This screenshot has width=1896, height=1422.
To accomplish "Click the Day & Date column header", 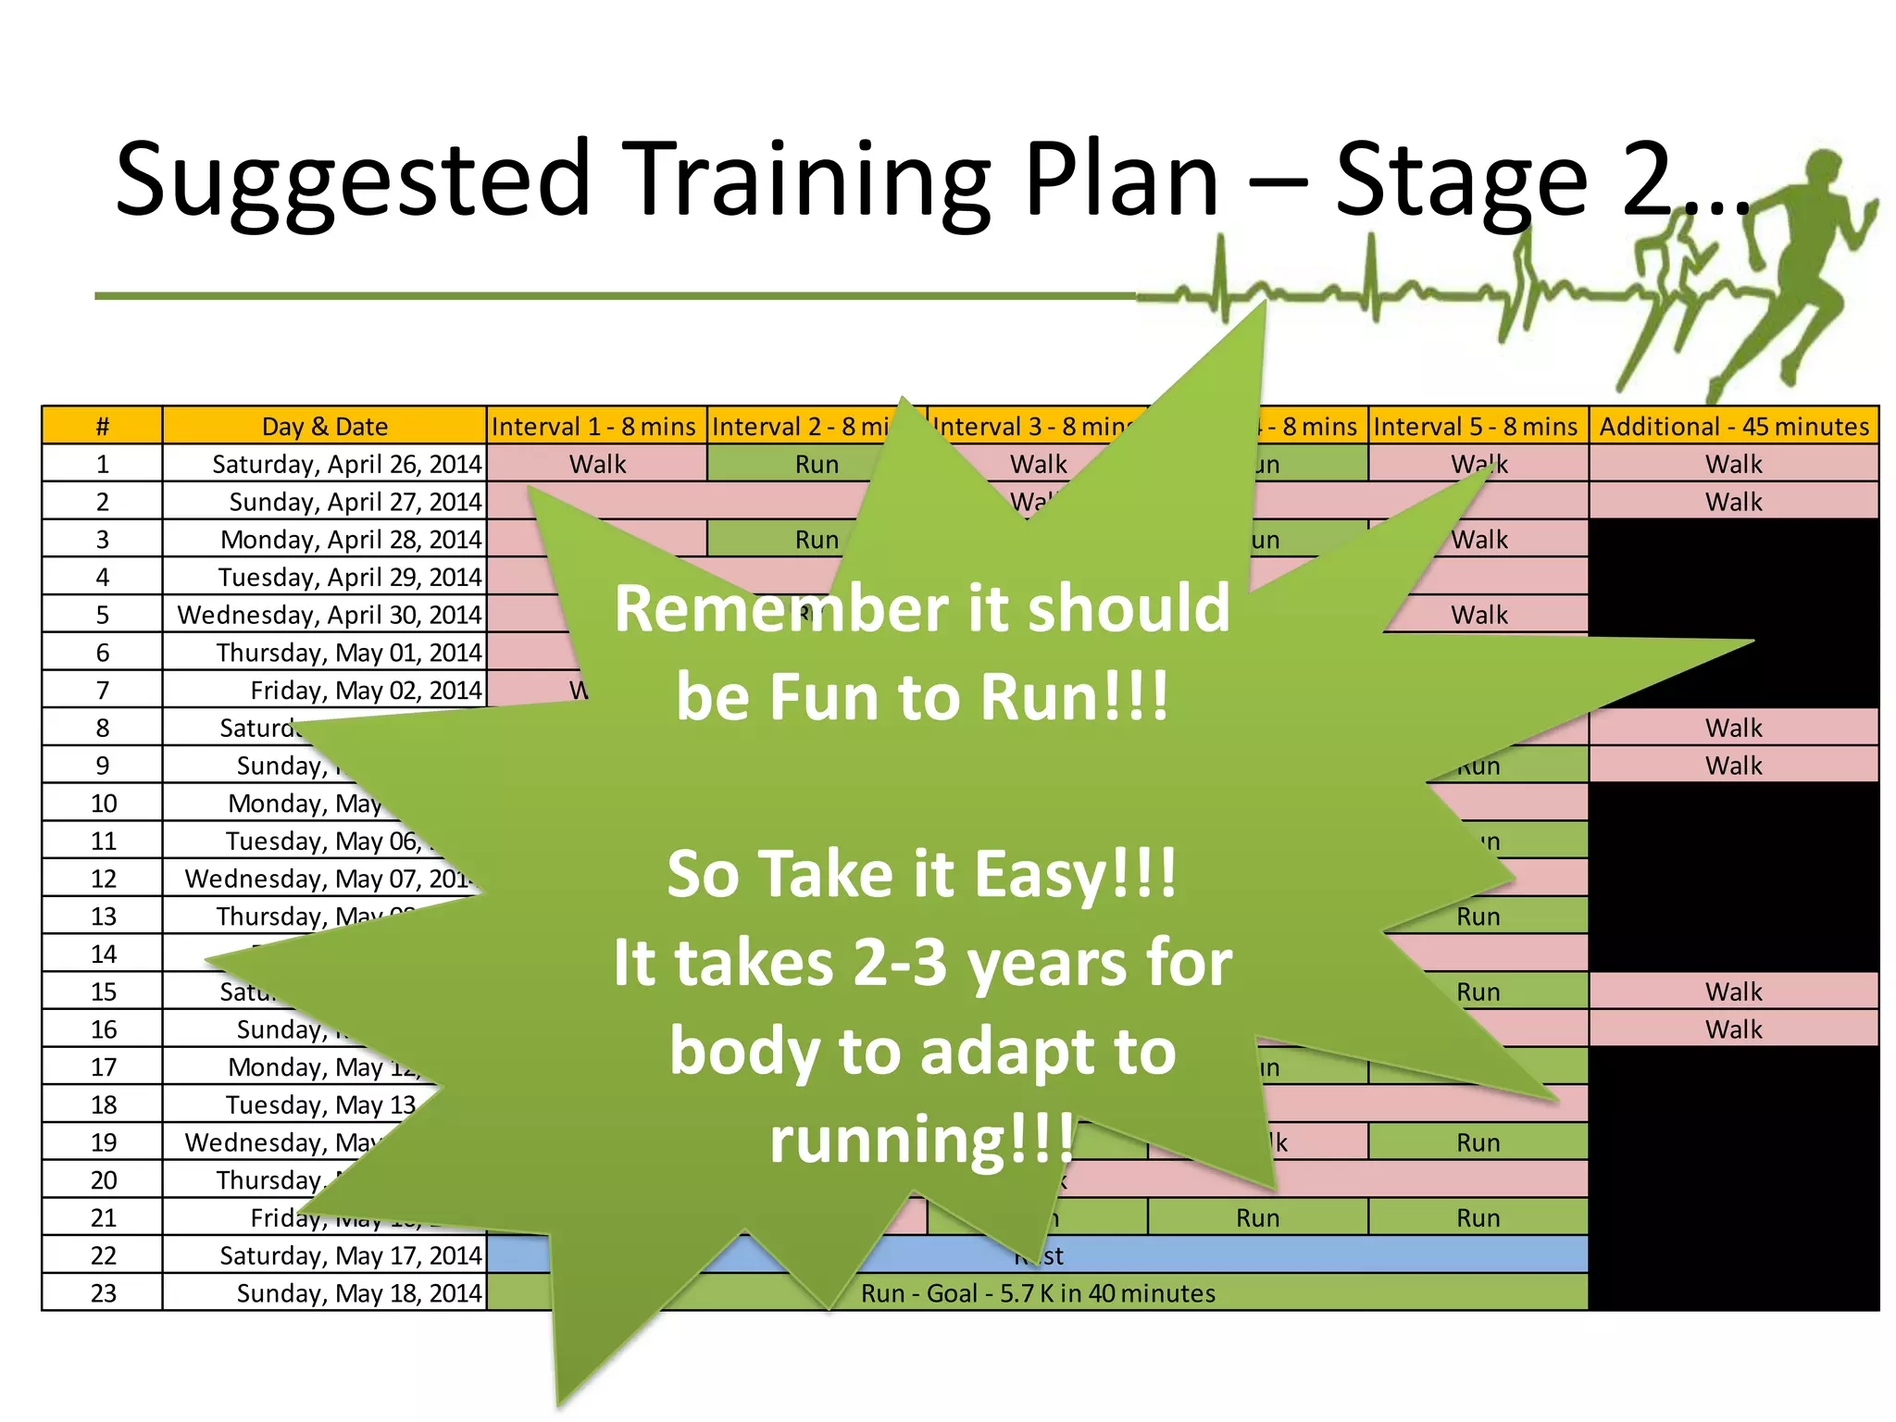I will (324, 427).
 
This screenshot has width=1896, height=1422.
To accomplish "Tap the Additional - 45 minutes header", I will (1734, 427).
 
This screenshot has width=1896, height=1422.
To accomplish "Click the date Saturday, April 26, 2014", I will (346, 464).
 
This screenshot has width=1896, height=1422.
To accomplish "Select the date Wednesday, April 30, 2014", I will (330, 615).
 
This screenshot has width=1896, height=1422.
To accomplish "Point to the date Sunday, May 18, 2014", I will (359, 1293).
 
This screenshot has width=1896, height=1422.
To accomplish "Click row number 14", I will (103, 954).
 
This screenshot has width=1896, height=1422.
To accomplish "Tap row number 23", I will (103, 1293).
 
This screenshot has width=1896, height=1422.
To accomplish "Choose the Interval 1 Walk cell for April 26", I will (597, 464).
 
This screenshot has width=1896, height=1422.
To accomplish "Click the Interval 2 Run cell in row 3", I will (817, 540).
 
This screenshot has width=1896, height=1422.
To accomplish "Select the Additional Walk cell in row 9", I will (1734, 766).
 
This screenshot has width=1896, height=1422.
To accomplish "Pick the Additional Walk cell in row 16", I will (1734, 1029).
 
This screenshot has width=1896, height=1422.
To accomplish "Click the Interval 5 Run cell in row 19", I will (1478, 1142).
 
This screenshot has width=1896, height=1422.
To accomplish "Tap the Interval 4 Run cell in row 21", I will (1257, 1218).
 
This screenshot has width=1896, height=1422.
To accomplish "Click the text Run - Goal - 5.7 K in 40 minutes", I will (1038, 1293).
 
